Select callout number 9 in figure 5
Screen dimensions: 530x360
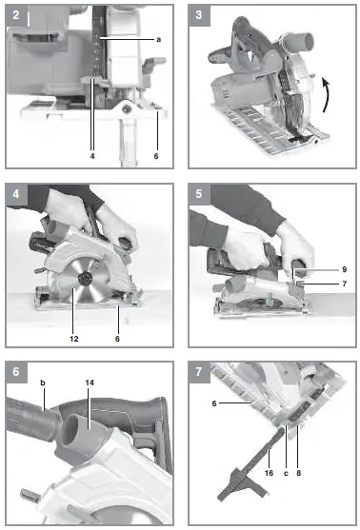tap(321, 268)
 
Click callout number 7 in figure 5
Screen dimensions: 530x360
tap(321, 283)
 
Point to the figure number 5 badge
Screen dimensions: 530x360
tap(198, 193)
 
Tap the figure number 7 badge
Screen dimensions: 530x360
tap(198, 371)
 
